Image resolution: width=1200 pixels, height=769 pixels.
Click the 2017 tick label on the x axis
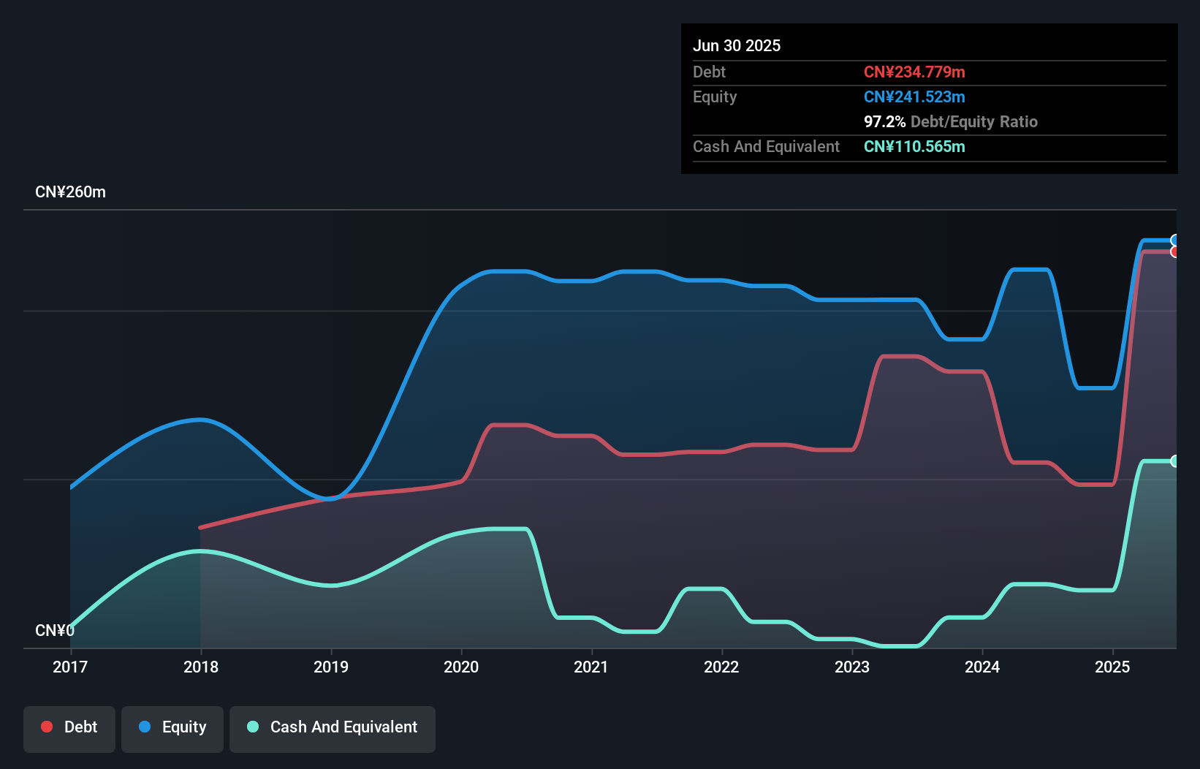[70, 667]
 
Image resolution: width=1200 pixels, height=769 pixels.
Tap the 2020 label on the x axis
[461, 667]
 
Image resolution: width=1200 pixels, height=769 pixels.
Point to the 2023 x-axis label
[852, 667]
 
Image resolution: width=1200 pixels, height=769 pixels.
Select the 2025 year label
[1112, 667]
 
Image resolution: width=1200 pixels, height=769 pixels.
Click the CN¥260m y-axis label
[70, 192]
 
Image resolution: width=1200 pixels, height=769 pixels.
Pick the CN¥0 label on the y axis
[54, 630]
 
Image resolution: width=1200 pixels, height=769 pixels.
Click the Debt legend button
[69, 727]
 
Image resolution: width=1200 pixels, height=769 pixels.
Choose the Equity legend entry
[172, 727]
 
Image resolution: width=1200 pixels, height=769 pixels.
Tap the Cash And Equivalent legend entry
[333, 727]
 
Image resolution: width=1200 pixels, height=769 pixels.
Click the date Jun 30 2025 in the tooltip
[737, 45]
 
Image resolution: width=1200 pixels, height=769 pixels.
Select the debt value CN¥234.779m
[914, 72]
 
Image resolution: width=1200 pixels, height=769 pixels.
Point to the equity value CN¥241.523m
[914, 96]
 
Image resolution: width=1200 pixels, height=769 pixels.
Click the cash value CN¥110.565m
[914, 146]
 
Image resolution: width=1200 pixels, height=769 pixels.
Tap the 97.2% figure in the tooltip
[884, 121]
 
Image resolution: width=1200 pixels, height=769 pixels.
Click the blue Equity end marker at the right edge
[1175, 240]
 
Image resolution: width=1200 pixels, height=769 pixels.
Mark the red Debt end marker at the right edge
[1175, 251]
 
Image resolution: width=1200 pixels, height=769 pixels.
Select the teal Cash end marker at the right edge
[1175, 461]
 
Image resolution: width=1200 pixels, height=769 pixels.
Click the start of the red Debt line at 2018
[201, 527]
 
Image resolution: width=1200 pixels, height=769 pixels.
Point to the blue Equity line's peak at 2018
[201, 420]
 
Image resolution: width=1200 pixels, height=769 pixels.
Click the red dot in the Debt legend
[47, 727]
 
